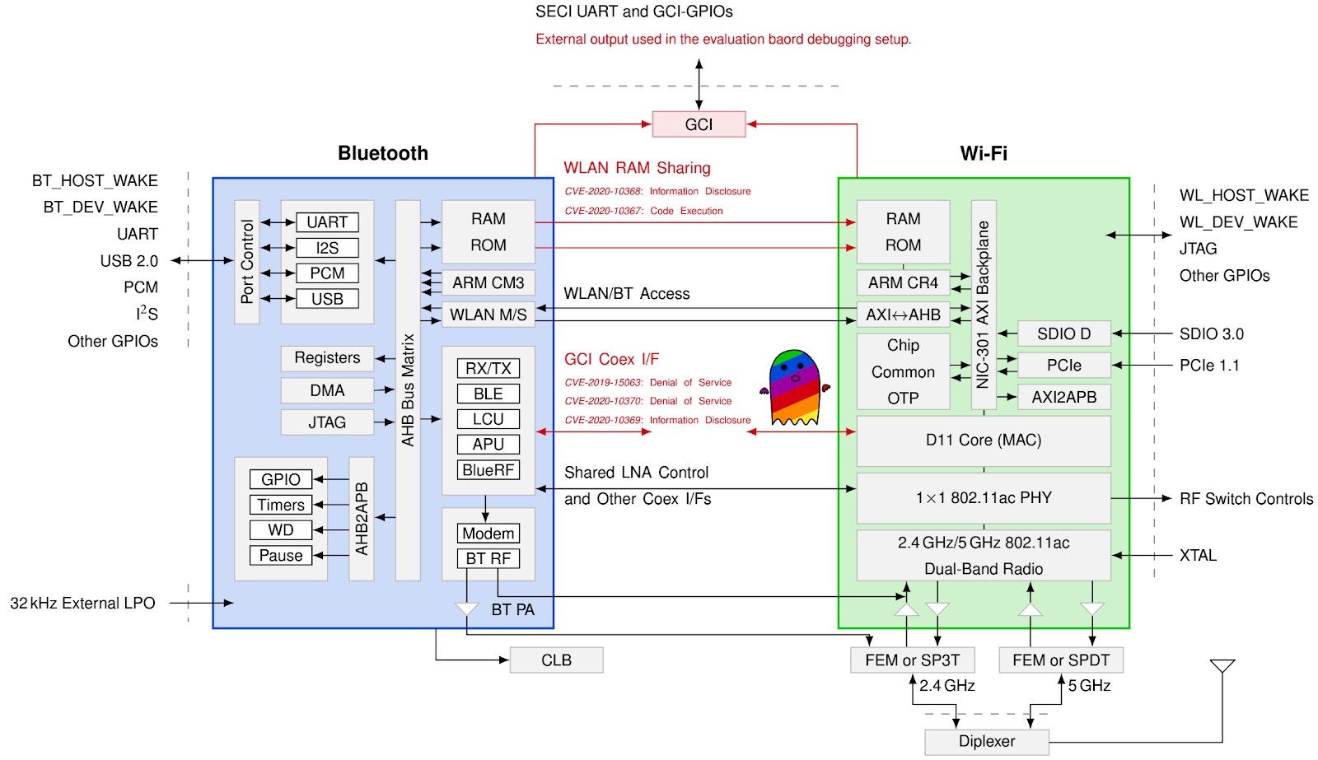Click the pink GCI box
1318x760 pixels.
(x=699, y=124)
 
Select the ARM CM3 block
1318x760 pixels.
(x=488, y=282)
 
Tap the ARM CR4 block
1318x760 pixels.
(x=903, y=282)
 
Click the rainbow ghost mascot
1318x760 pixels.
(x=795, y=388)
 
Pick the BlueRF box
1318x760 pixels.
(x=488, y=470)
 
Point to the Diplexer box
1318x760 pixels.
(x=986, y=741)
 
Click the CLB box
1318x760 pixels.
(x=556, y=660)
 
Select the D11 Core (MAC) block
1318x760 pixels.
(x=984, y=441)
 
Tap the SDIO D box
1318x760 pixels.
(x=1063, y=333)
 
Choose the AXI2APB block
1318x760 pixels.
(x=1063, y=397)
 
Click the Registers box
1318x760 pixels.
(x=327, y=358)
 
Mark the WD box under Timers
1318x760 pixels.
(x=281, y=530)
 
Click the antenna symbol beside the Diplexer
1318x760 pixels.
(x=1222, y=666)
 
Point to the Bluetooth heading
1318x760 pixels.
(x=383, y=153)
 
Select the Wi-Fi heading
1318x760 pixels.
(x=984, y=153)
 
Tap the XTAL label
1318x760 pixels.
(x=1198, y=556)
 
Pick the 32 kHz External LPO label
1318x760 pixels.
(x=82, y=604)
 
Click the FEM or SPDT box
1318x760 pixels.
(x=1061, y=660)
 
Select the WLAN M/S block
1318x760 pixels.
(x=488, y=315)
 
